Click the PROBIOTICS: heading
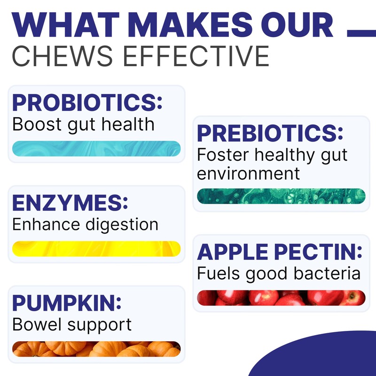[87, 102]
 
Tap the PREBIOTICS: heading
[270, 133]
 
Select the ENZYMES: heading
[70, 203]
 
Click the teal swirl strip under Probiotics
[96, 149]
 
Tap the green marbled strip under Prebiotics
[281, 196]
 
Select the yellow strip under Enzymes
[96, 249]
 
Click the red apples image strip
[281, 298]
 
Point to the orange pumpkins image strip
[96, 349]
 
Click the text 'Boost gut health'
[83, 125]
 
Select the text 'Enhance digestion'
[85, 225]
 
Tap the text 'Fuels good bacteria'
[279, 274]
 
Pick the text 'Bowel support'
[72, 324]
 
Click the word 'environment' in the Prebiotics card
[248, 173]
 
